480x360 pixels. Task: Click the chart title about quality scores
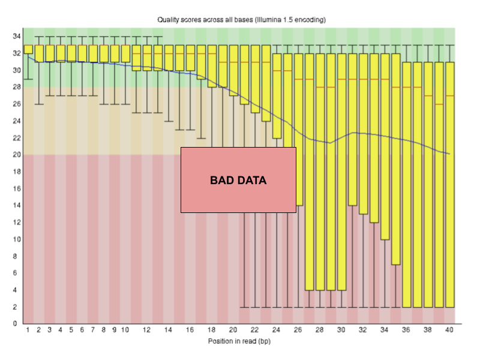point(241,20)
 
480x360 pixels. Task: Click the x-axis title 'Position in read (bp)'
point(239,341)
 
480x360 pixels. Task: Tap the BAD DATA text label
point(238,180)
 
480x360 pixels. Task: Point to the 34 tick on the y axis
point(17,37)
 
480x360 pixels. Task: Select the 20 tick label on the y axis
point(17,155)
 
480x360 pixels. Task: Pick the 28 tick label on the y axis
point(17,88)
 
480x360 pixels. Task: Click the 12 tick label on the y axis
point(17,223)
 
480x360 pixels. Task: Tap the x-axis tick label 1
point(28,330)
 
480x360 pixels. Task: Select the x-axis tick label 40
point(449,330)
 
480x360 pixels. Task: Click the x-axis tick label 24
point(277,330)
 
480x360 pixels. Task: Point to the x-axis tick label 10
point(125,330)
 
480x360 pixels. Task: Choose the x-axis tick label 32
point(363,330)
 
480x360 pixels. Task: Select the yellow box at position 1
point(28,49)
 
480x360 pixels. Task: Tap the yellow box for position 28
point(320,180)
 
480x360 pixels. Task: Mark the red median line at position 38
point(428,96)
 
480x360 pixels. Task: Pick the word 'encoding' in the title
point(310,20)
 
